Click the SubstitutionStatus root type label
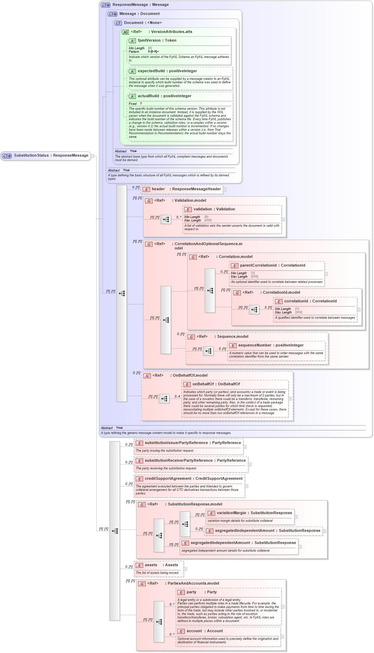[x=51, y=156]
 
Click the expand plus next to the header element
[x=225, y=190]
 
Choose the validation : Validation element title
[x=214, y=209]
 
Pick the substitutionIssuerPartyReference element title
[x=193, y=443]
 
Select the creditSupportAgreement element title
[x=194, y=479]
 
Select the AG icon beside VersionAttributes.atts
[x=125, y=32]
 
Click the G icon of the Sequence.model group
[x=191, y=337]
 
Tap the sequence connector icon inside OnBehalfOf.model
[x=164, y=399]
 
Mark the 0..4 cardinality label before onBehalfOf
[x=177, y=396]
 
